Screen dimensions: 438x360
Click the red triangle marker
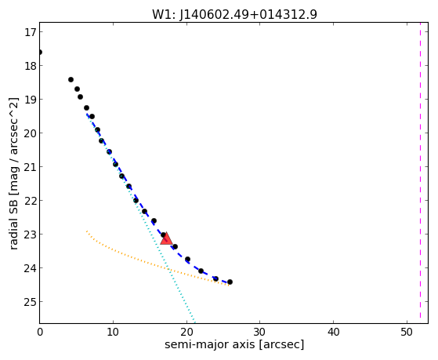tap(166, 239)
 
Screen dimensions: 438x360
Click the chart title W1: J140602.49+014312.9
tap(234, 15)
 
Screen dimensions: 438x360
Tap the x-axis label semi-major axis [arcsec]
tap(234, 344)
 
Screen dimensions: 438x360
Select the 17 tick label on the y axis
tap(30, 32)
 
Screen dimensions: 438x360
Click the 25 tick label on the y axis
tap(30, 302)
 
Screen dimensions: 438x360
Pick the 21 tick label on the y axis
tap(30, 167)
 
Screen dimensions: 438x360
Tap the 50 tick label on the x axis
tap(407, 333)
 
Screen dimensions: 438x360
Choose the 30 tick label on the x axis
tap(260, 333)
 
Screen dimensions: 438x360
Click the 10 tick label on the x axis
tap(113, 333)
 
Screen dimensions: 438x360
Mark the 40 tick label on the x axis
tap(333, 333)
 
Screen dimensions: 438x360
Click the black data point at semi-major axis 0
tap(40, 53)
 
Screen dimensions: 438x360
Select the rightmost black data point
tap(230, 282)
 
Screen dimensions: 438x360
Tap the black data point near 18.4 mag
tap(71, 80)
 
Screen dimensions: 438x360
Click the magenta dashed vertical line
tap(420, 173)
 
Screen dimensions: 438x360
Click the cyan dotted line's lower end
tap(194, 322)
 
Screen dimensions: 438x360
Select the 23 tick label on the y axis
tap(30, 235)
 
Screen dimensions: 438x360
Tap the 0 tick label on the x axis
tap(40, 333)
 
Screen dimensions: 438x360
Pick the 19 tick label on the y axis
tap(30, 100)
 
